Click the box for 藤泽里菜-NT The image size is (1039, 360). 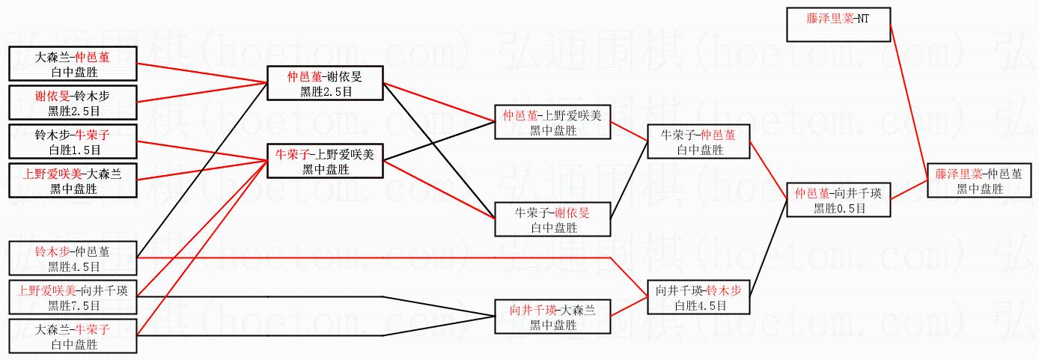[x=838, y=24]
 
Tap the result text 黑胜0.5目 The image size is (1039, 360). [x=838, y=209]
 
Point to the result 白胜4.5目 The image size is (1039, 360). [x=700, y=306]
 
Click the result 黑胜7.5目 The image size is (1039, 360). [x=73, y=306]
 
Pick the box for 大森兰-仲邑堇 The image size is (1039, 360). [x=73, y=64]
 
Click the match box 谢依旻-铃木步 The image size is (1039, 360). [x=73, y=103]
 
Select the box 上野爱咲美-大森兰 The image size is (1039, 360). [x=73, y=181]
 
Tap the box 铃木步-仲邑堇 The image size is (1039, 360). [x=73, y=258]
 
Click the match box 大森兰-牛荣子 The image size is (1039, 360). [x=73, y=337]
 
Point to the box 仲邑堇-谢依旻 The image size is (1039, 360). [x=325, y=83]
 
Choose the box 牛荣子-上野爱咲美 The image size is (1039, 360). [x=325, y=162]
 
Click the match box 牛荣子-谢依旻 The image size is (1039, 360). [x=553, y=220]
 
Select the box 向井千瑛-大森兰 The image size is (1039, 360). [x=553, y=317]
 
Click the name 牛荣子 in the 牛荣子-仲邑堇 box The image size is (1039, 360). [x=677, y=135]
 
